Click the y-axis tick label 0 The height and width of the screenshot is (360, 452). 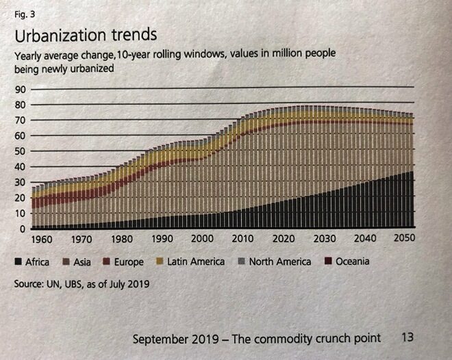coord(22,229)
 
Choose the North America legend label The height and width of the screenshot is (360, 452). coord(279,262)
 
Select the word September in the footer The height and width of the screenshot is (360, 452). coord(160,339)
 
